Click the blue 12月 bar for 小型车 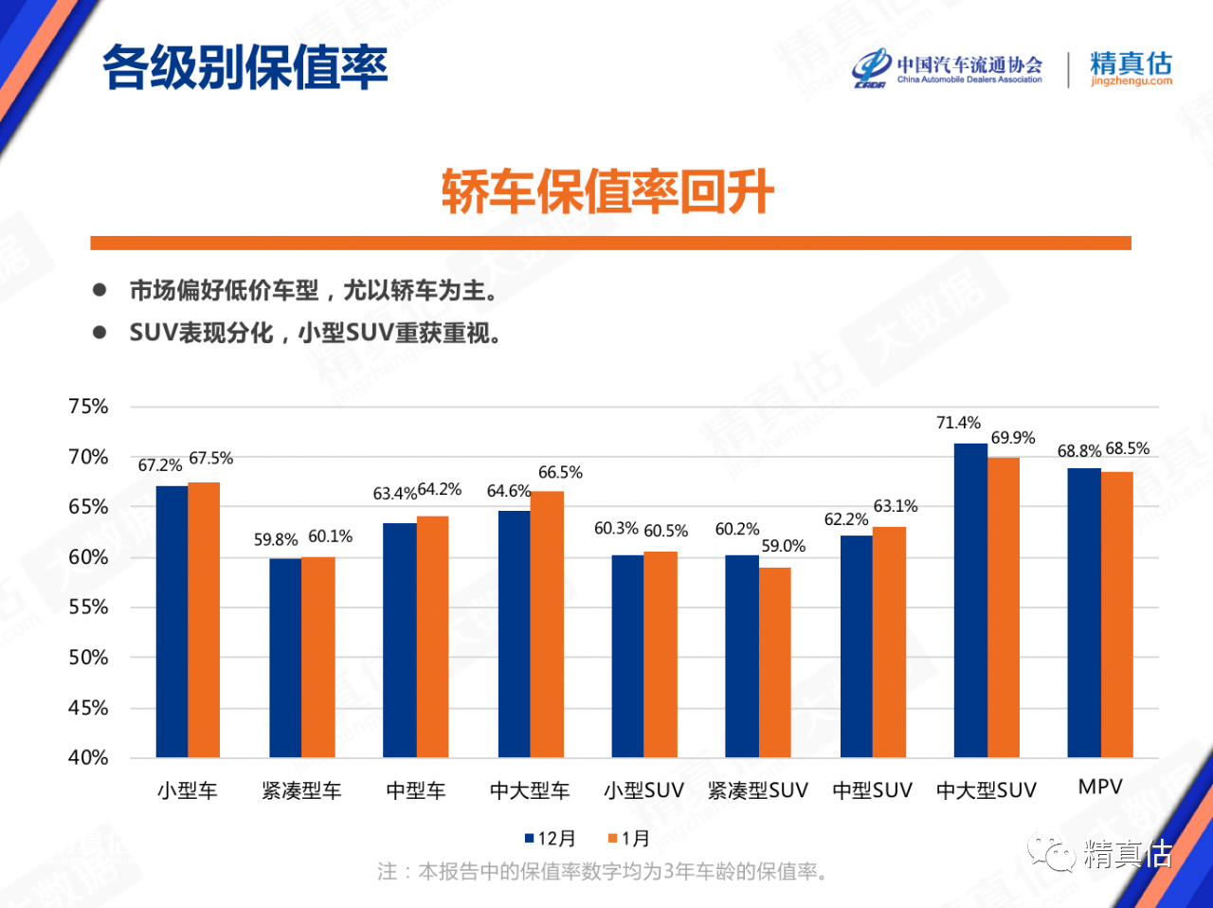click(172, 622)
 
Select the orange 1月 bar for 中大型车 click(547, 624)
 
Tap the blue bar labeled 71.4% click(970, 600)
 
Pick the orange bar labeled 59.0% click(775, 663)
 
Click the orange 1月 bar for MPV click(1117, 614)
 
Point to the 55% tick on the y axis click(88, 608)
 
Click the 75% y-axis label click(88, 407)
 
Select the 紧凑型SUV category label click(757, 790)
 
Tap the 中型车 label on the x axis click(415, 790)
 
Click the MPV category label click(1100, 787)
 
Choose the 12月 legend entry click(551, 839)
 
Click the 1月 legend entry click(629, 839)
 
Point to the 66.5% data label click(560, 472)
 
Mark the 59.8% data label click(276, 539)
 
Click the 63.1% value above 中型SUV click(896, 506)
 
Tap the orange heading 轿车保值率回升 click(607, 192)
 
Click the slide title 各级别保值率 click(244, 67)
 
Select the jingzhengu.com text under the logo click(1131, 82)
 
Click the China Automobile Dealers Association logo click(947, 68)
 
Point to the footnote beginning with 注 click(602, 871)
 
